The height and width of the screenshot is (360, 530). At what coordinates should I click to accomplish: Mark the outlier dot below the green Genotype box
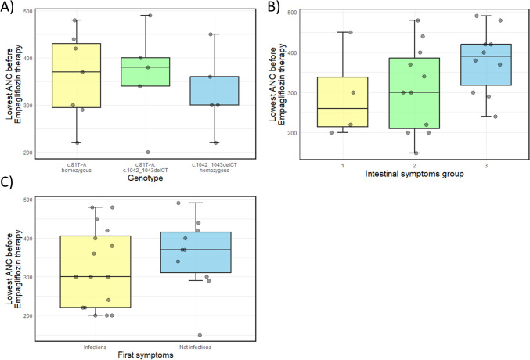(x=148, y=152)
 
